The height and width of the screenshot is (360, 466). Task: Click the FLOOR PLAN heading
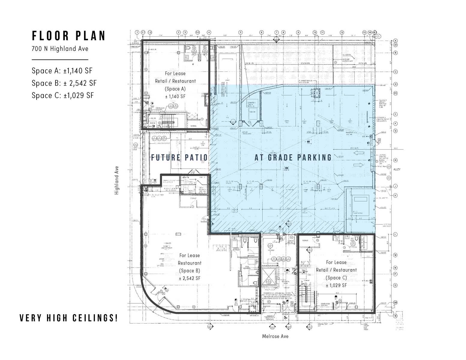69,36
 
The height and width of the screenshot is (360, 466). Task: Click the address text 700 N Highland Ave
60,49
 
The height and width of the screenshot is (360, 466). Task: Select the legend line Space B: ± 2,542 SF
64,83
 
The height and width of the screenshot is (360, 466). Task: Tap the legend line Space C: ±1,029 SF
63,95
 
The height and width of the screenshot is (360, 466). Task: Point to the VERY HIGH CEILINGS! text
69,318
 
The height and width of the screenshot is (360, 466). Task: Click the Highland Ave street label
117,180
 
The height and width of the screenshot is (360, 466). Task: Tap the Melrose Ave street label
275,336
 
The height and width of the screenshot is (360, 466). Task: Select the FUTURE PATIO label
179,157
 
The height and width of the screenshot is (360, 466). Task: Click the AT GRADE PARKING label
293,157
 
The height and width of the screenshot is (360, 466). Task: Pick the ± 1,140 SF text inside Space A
175,97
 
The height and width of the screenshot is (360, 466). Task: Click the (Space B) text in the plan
189,271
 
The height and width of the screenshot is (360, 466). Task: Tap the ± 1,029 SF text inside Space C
336,285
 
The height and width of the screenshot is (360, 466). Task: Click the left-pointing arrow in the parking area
359,153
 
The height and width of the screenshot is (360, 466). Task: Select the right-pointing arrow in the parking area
358,165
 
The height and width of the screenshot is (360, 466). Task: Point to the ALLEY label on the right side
397,169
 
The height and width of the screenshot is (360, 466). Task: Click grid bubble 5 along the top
240,32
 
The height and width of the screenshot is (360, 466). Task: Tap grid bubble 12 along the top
342,32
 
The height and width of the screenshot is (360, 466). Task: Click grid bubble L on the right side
395,234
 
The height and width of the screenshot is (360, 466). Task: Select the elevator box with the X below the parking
268,276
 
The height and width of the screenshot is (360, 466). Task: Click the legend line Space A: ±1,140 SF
62,71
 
